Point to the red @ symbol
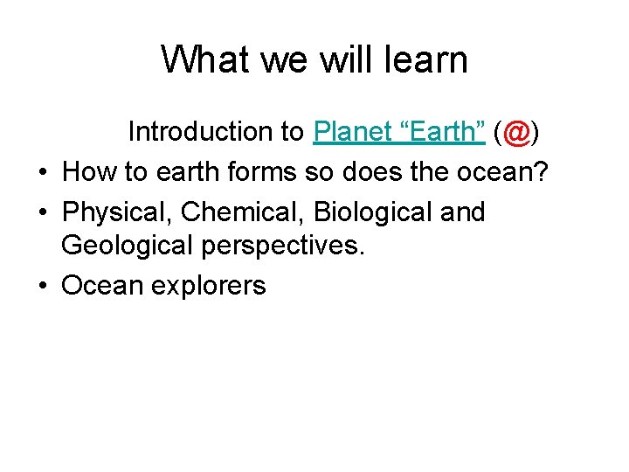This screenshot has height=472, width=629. click(516, 132)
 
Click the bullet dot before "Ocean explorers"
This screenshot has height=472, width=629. click(44, 287)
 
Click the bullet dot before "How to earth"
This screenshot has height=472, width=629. click(44, 173)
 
